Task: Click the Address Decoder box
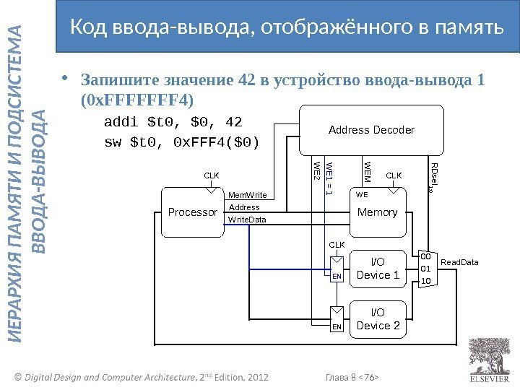point(371,130)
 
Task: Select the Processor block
point(192,212)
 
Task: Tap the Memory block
point(377,212)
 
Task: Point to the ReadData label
point(459,262)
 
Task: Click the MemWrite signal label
point(248,195)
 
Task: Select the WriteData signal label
point(247,219)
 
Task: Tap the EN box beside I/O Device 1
point(337,276)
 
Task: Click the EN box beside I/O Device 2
point(337,327)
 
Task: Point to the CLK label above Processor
point(211,175)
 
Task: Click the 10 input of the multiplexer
point(425,281)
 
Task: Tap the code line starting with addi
point(173,120)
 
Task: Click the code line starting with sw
point(182,141)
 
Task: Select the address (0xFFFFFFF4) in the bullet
point(138,97)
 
